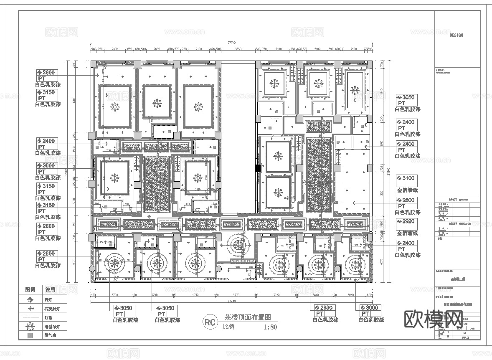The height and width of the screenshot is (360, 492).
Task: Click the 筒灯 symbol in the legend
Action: click(x=30, y=300)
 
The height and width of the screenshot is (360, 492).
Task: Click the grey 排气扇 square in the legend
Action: click(x=30, y=335)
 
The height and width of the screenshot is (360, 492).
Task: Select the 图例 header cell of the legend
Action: click(x=30, y=289)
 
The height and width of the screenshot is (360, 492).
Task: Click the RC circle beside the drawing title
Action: click(x=210, y=322)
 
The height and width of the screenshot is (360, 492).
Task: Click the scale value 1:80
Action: click(x=270, y=327)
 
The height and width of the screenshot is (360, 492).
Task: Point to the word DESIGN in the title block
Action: click(x=456, y=35)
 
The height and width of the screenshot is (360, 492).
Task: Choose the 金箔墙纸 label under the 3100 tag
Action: click(x=407, y=190)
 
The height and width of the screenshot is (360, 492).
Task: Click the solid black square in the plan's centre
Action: click(x=258, y=168)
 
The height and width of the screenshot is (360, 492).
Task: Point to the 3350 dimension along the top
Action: click(x=238, y=49)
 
